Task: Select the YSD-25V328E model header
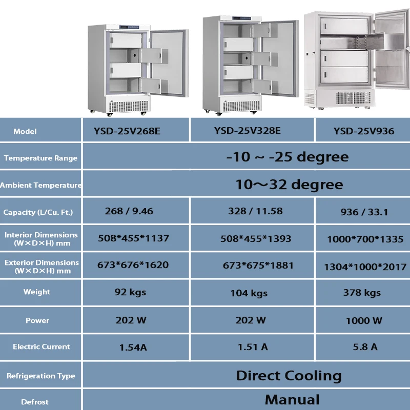pyautogui.click(x=248, y=130)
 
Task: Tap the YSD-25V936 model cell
pyautogui.click(x=364, y=131)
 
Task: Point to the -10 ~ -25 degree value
pyautogui.click(x=287, y=157)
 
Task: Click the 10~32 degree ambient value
pyautogui.click(x=289, y=184)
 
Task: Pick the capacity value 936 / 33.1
pyautogui.click(x=363, y=212)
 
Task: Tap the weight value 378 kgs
pyautogui.click(x=362, y=293)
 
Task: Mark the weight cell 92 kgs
pyautogui.click(x=130, y=292)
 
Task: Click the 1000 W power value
pyautogui.click(x=363, y=321)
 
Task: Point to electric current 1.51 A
pyautogui.click(x=253, y=347)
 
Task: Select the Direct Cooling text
pyautogui.click(x=289, y=375)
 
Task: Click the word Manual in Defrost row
pyautogui.click(x=292, y=400)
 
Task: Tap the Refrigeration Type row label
pyautogui.click(x=41, y=376)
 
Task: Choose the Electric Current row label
pyautogui.click(x=41, y=346)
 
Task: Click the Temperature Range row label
pyautogui.click(x=40, y=158)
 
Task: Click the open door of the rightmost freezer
pyautogui.click(x=392, y=56)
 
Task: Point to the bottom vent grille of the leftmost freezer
pyautogui.click(x=128, y=106)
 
